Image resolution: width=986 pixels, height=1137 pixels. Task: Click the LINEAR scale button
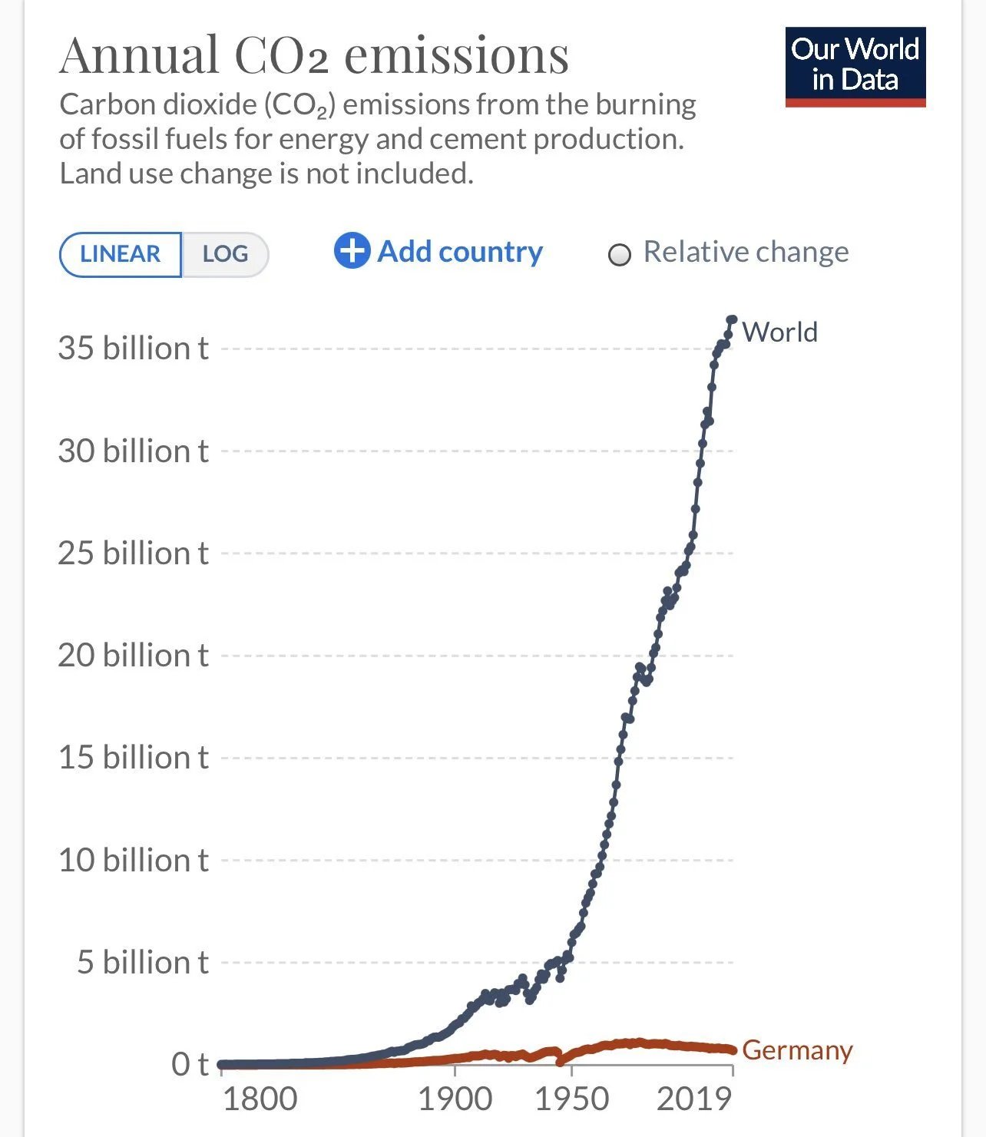121,254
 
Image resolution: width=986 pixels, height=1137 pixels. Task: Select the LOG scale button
225,254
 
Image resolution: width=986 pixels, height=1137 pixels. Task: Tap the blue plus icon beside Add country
352,251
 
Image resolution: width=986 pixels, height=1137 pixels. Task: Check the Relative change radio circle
620,255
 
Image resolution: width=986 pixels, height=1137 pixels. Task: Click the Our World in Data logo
855,67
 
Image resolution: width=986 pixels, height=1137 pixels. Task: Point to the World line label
779,332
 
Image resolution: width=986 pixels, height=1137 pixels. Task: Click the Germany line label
797,1049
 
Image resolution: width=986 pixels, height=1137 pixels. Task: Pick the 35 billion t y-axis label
133,349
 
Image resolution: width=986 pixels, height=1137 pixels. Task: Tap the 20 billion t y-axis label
133,656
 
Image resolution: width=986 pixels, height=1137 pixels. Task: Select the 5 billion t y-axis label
142,963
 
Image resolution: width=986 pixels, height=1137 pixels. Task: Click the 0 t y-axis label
190,1065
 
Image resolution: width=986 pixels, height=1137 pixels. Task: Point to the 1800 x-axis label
260,1099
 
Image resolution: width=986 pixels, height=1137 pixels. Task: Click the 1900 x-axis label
455,1099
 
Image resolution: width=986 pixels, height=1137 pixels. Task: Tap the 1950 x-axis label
571,1099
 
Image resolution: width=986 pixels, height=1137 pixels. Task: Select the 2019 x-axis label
694,1099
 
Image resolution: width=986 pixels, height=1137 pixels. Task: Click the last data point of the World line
732,319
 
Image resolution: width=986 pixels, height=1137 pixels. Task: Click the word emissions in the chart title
456,55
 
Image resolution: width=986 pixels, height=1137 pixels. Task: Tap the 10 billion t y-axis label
133,861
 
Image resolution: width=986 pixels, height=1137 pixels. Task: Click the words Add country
460,252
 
